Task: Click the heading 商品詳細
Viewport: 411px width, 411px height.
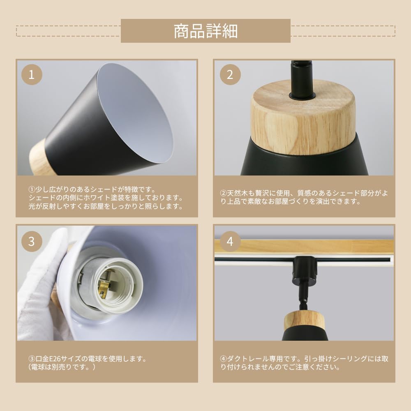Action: (x=205, y=31)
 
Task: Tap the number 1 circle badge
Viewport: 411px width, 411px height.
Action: (x=32, y=74)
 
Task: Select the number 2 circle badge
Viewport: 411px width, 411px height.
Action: (x=230, y=74)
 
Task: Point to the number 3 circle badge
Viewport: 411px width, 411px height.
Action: (x=32, y=241)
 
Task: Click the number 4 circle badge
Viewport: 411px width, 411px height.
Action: (x=230, y=241)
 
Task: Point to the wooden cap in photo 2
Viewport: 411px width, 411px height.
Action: (x=303, y=117)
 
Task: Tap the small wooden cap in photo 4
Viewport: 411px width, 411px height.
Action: (x=304, y=321)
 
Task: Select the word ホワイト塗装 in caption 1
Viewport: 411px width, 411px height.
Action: (x=115, y=198)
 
